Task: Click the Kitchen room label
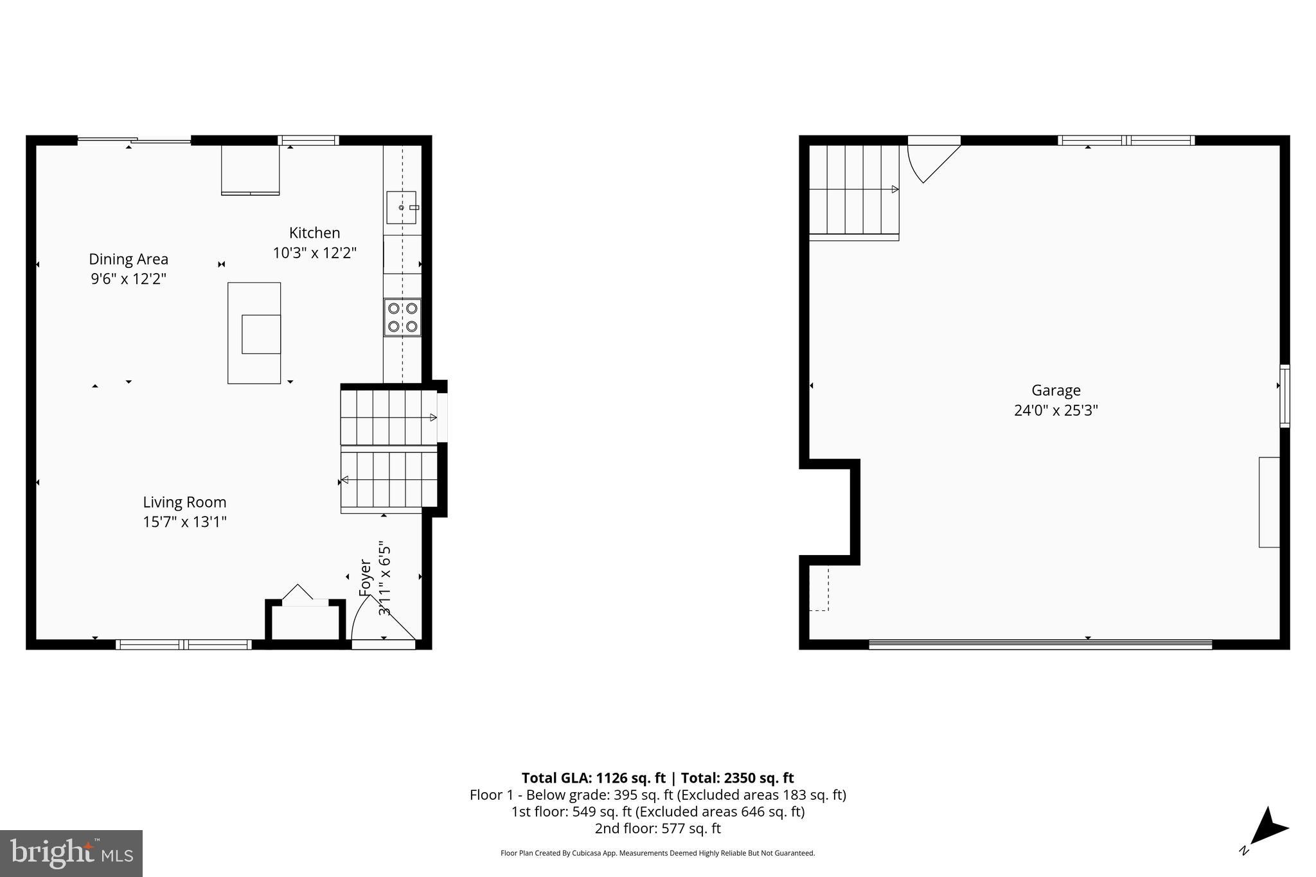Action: click(314, 233)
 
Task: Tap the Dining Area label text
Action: click(129, 259)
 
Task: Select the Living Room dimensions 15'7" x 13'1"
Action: click(184, 522)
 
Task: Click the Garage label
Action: click(1056, 390)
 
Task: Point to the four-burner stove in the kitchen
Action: click(402, 317)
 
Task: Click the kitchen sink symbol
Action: click(402, 208)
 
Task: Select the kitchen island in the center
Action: click(254, 333)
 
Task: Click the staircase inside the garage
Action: click(853, 190)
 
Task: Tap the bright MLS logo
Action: click(71, 853)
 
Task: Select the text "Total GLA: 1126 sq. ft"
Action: click(593, 778)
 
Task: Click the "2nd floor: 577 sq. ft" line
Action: click(657, 828)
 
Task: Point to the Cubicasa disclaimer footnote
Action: click(657, 853)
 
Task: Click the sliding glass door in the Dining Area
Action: click(134, 140)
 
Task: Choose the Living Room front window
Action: click(184, 644)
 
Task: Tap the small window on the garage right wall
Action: click(1285, 396)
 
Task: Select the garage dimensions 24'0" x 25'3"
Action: click(1056, 411)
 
